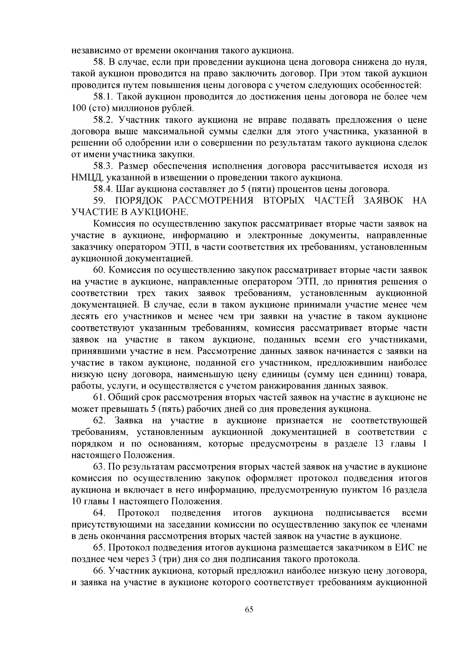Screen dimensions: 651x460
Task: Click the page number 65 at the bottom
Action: [249, 610]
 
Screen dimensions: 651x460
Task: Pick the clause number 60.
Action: [99, 270]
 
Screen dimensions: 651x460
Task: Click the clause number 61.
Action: [99, 397]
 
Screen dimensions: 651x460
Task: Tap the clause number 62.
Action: [99, 421]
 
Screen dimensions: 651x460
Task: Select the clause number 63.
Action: [99, 467]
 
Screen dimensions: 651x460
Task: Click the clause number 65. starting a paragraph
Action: [99, 548]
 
